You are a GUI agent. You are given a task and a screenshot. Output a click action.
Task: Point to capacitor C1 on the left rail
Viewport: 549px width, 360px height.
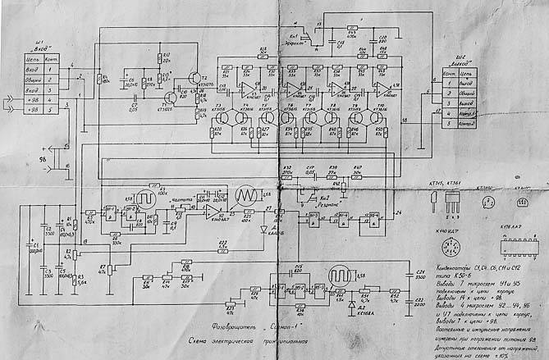click(34, 246)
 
